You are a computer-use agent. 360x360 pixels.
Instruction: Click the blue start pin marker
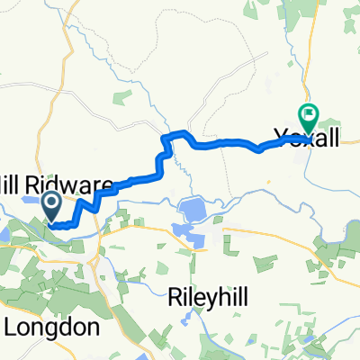[x=50, y=204]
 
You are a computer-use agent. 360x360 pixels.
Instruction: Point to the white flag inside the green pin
[x=308, y=114]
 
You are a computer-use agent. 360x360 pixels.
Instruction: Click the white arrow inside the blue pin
[x=50, y=202]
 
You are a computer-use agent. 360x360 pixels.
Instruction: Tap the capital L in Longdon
[x=14, y=327]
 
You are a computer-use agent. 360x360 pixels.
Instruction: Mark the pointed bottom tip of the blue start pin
[x=50, y=220]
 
